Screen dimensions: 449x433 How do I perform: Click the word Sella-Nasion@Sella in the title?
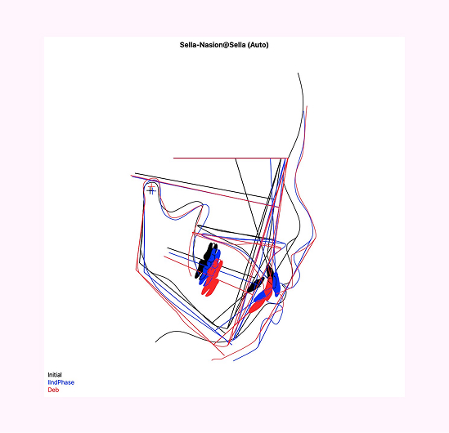(x=213, y=45)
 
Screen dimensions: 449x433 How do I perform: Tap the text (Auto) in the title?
(x=258, y=45)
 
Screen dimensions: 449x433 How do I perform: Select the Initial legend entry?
(x=55, y=375)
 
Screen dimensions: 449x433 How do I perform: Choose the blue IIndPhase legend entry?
(x=61, y=382)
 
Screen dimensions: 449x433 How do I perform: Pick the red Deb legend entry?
(x=53, y=390)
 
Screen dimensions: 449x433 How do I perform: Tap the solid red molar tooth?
(x=213, y=279)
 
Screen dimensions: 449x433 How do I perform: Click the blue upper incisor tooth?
(x=276, y=283)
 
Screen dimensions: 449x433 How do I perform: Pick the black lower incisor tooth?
(x=255, y=285)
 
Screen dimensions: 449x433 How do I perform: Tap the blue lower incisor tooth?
(x=262, y=296)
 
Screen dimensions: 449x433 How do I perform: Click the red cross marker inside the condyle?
(x=151, y=188)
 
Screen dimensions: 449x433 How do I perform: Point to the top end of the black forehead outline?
(x=298, y=73)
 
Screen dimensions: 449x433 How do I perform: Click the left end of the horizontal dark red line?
(x=173, y=158)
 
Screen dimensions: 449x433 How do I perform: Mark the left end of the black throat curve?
(x=155, y=342)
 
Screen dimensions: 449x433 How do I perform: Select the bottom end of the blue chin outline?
(x=233, y=360)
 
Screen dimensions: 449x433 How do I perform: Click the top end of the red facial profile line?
(x=307, y=106)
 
